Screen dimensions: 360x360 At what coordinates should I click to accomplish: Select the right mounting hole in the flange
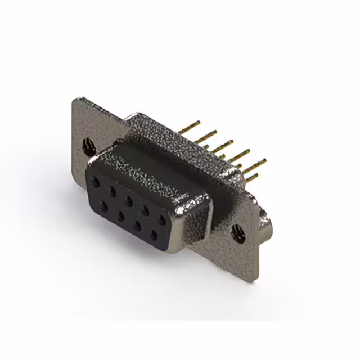coord(238,232)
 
